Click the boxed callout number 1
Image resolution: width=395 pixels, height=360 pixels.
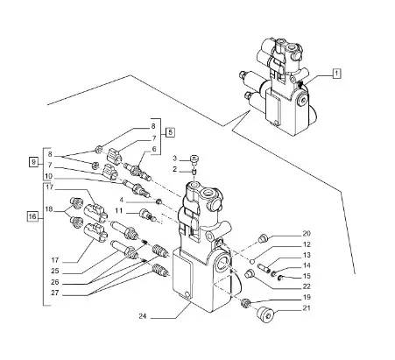tap(336, 74)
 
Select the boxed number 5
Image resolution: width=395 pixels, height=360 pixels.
tap(170, 132)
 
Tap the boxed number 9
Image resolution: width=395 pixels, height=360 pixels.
tap(33, 162)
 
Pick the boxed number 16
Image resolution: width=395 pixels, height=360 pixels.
tap(32, 216)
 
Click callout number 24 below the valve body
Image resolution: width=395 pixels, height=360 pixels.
tap(143, 316)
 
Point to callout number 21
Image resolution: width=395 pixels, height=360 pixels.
tap(307, 308)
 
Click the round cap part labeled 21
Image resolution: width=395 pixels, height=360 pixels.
tap(266, 314)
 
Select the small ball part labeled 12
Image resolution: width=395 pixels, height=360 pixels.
tap(253, 260)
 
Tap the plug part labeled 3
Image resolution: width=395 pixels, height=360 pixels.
tap(194, 159)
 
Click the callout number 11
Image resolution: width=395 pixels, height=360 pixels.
tap(119, 210)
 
